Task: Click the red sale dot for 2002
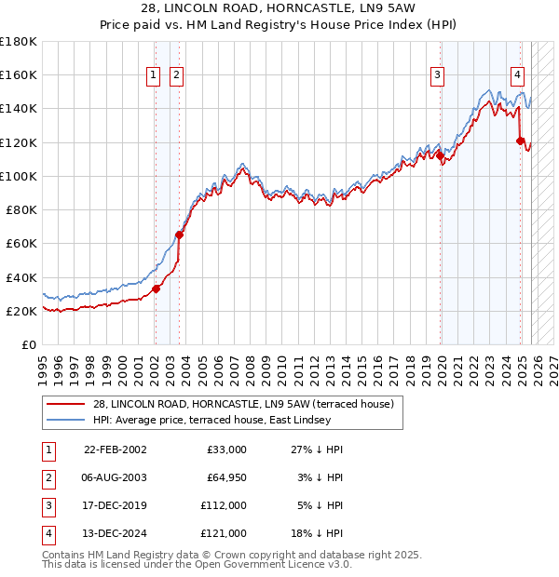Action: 156,288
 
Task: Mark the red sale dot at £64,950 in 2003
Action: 179,235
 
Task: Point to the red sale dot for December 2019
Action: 440,155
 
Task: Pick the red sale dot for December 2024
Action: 521,141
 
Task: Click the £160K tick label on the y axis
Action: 19,74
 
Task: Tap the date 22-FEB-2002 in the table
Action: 115,450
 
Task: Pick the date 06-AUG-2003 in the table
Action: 115,477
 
